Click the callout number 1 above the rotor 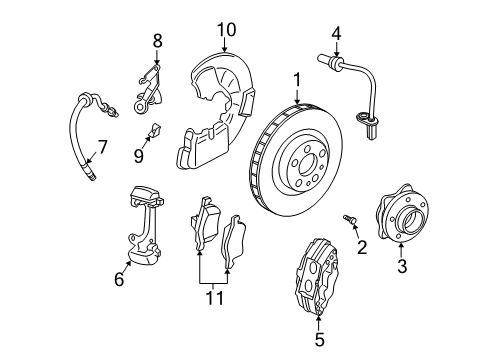(x=296, y=77)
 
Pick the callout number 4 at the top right (x=337, y=34)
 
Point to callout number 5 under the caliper (x=320, y=340)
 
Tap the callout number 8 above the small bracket (x=156, y=40)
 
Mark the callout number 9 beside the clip (x=139, y=156)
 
